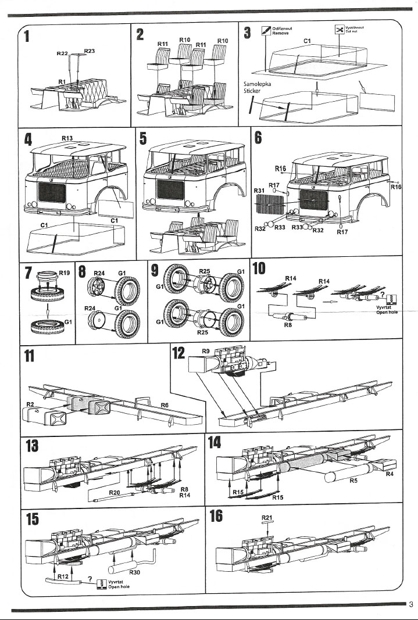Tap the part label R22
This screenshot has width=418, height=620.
62,53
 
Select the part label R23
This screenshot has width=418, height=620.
90,51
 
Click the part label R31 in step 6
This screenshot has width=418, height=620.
259,190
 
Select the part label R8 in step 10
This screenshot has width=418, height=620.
287,326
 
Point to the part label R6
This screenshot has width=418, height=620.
165,405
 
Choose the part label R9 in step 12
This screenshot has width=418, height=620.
206,351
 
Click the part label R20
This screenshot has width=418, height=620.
114,492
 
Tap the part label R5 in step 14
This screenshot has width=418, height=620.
354,481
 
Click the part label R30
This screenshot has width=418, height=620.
134,572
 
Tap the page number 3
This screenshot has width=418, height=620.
411,603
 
